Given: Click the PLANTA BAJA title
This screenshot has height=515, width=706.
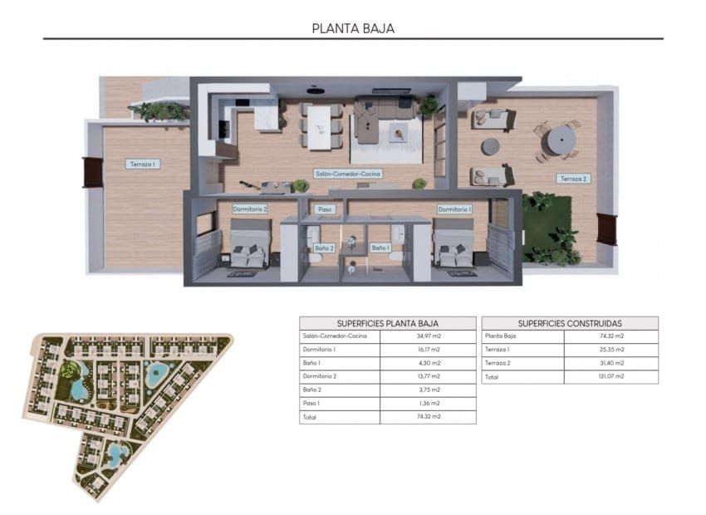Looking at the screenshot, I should pos(353,27).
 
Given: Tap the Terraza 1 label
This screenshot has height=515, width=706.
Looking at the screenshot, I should pos(142,164).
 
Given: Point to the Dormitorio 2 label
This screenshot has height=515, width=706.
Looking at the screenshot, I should pos(249,209).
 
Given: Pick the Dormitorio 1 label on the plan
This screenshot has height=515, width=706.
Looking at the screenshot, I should pos(454,209).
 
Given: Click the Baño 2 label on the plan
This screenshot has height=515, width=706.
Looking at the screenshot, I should pos(324,248).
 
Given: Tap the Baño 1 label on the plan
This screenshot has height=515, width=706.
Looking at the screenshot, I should pos(380,248).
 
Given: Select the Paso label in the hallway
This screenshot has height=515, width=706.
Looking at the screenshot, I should pos(325,209).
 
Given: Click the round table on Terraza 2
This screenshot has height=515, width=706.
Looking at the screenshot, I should pos(562,135).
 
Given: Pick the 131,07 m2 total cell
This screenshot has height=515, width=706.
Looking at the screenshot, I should pos(611,376).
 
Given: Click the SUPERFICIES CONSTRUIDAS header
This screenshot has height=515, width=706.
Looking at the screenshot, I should pos(570,323).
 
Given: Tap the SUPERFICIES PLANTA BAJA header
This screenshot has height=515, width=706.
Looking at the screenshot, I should pos(388,323).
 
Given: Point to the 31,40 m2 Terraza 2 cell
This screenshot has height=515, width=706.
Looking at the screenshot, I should pos(611,363).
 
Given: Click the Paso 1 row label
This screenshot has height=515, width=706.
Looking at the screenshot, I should pos(311,403).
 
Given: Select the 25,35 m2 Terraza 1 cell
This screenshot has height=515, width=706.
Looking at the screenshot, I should pos(611,350).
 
